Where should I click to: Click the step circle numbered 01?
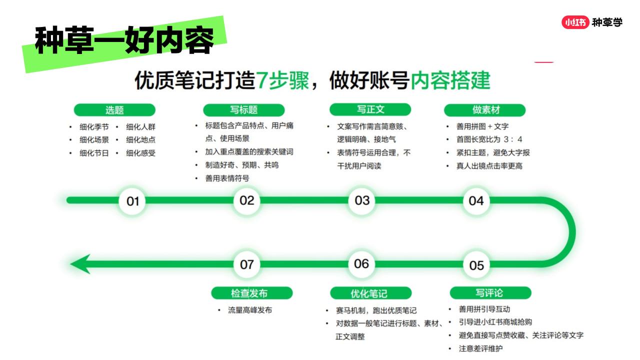(x=132, y=201)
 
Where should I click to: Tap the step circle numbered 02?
(x=247, y=200)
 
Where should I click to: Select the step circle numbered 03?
(x=362, y=200)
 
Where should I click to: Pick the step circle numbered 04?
(x=476, y=201)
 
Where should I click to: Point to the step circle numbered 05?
(x=476, y=265)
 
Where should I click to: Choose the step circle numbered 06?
(x=361, y=264)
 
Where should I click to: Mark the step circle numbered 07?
(x=247, y=264)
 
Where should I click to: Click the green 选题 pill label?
(x=114, y=110)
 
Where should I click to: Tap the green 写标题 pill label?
(x=243, y=110)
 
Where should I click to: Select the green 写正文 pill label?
(x=370, y=109)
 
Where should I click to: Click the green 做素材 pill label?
(x=485, y=110)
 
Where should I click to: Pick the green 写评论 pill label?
(x=490, y=293)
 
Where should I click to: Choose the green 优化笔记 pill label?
(x=371, y=293)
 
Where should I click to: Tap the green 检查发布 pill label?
(x=252, y=293)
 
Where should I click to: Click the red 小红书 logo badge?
(x=575, y=22)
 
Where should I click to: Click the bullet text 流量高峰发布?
(x=250, y=310)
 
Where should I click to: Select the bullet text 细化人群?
(x=140, y=127)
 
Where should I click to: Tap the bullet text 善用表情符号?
(x=227, y=178)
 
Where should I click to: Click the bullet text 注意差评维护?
(x=480, y=348)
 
